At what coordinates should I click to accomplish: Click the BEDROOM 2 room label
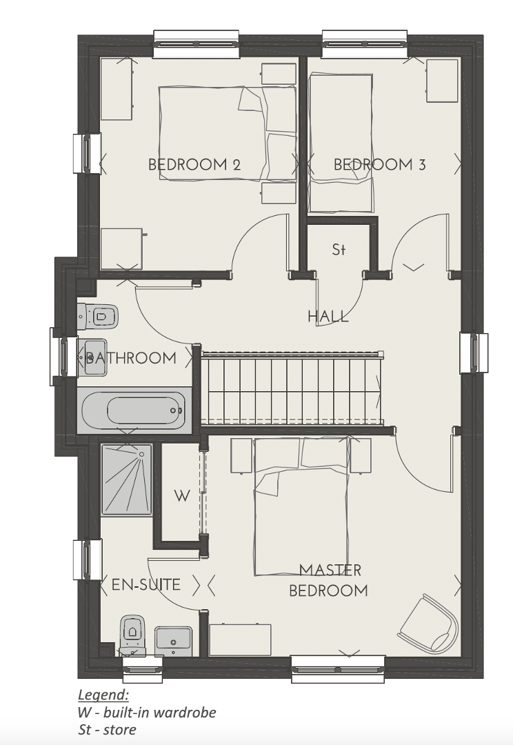click(x=194, y=164)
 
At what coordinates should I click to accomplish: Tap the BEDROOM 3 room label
click(x=379, y=164)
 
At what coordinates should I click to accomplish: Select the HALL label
click(x=328, y=317)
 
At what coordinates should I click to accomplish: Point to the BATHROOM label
click(x=130, y=357)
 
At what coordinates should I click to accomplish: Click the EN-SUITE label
click(x=145, y=584)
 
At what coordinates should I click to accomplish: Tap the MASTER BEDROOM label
click(x=329, y=580)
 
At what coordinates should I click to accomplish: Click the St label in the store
click(x=339, y=249)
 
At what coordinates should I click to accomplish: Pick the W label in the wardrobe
click(x=182, y=496)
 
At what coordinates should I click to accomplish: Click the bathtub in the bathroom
click(x=134, y=410)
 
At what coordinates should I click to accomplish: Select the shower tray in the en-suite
click(x=127, y=479)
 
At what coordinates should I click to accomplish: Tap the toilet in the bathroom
click(x=97, y=316)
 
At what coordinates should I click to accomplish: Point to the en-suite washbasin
click(x=174, y=641)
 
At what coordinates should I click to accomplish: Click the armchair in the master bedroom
click(x=429, y=624)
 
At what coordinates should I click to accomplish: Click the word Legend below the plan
click(x=103, y=695)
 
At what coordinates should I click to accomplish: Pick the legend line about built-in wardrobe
click(x=147, y=712)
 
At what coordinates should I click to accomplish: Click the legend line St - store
click(x=107, y=729)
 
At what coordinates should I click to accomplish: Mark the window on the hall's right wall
click(x=474, y=353)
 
